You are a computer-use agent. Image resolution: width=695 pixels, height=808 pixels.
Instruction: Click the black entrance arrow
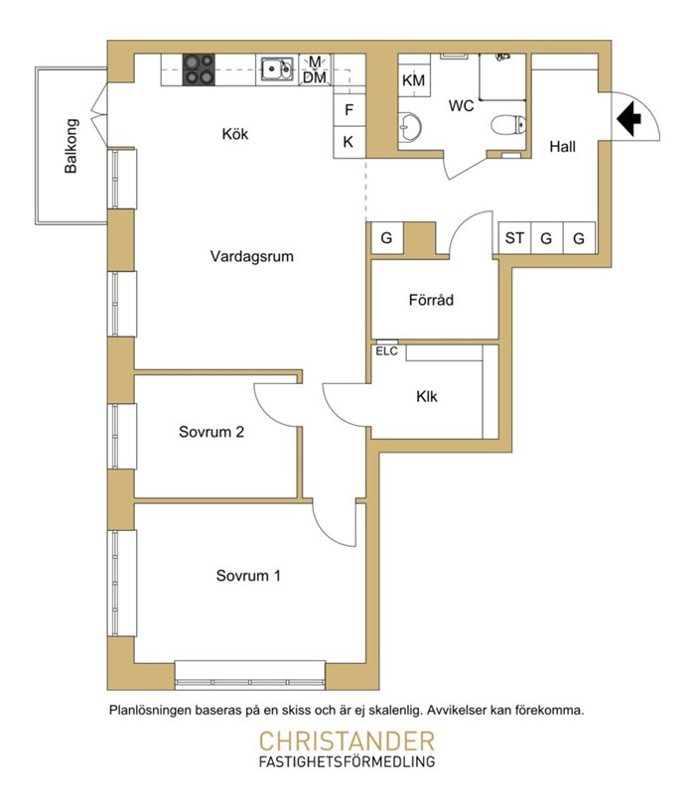[628, 118]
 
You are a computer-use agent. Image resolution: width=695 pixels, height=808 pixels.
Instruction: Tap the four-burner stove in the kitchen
[199, 69]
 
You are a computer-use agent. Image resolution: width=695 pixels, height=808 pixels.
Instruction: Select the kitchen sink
[277, 69]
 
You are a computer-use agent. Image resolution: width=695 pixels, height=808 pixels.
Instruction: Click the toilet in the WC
[508, 125]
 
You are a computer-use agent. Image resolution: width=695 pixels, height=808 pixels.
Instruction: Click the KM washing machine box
[413, 80]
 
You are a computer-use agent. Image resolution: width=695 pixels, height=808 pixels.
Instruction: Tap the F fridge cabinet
[349, 110]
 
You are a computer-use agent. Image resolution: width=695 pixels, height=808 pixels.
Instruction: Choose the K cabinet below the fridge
[349, 142]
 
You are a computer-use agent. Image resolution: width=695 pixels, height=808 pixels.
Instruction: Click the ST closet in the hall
[514, 238]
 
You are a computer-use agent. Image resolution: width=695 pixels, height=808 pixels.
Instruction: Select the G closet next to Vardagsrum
[386, 238]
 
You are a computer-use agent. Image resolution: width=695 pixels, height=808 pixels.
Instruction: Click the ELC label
[386, 351]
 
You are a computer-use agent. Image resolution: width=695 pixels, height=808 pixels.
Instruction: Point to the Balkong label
[70, 146]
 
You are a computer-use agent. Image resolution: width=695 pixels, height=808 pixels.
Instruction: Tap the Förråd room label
[431, 300]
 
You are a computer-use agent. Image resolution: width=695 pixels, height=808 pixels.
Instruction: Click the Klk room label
[426, 396]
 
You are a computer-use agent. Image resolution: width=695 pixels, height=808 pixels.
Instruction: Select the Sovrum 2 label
[211, 432]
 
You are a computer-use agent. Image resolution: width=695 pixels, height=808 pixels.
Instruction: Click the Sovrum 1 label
[248, 576]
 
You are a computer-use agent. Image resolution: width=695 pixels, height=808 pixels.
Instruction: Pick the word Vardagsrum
[251, 256]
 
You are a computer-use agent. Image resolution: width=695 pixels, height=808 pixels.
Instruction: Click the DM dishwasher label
[315, 77]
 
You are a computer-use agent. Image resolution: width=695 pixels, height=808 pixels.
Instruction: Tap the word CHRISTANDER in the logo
[347, 741]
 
